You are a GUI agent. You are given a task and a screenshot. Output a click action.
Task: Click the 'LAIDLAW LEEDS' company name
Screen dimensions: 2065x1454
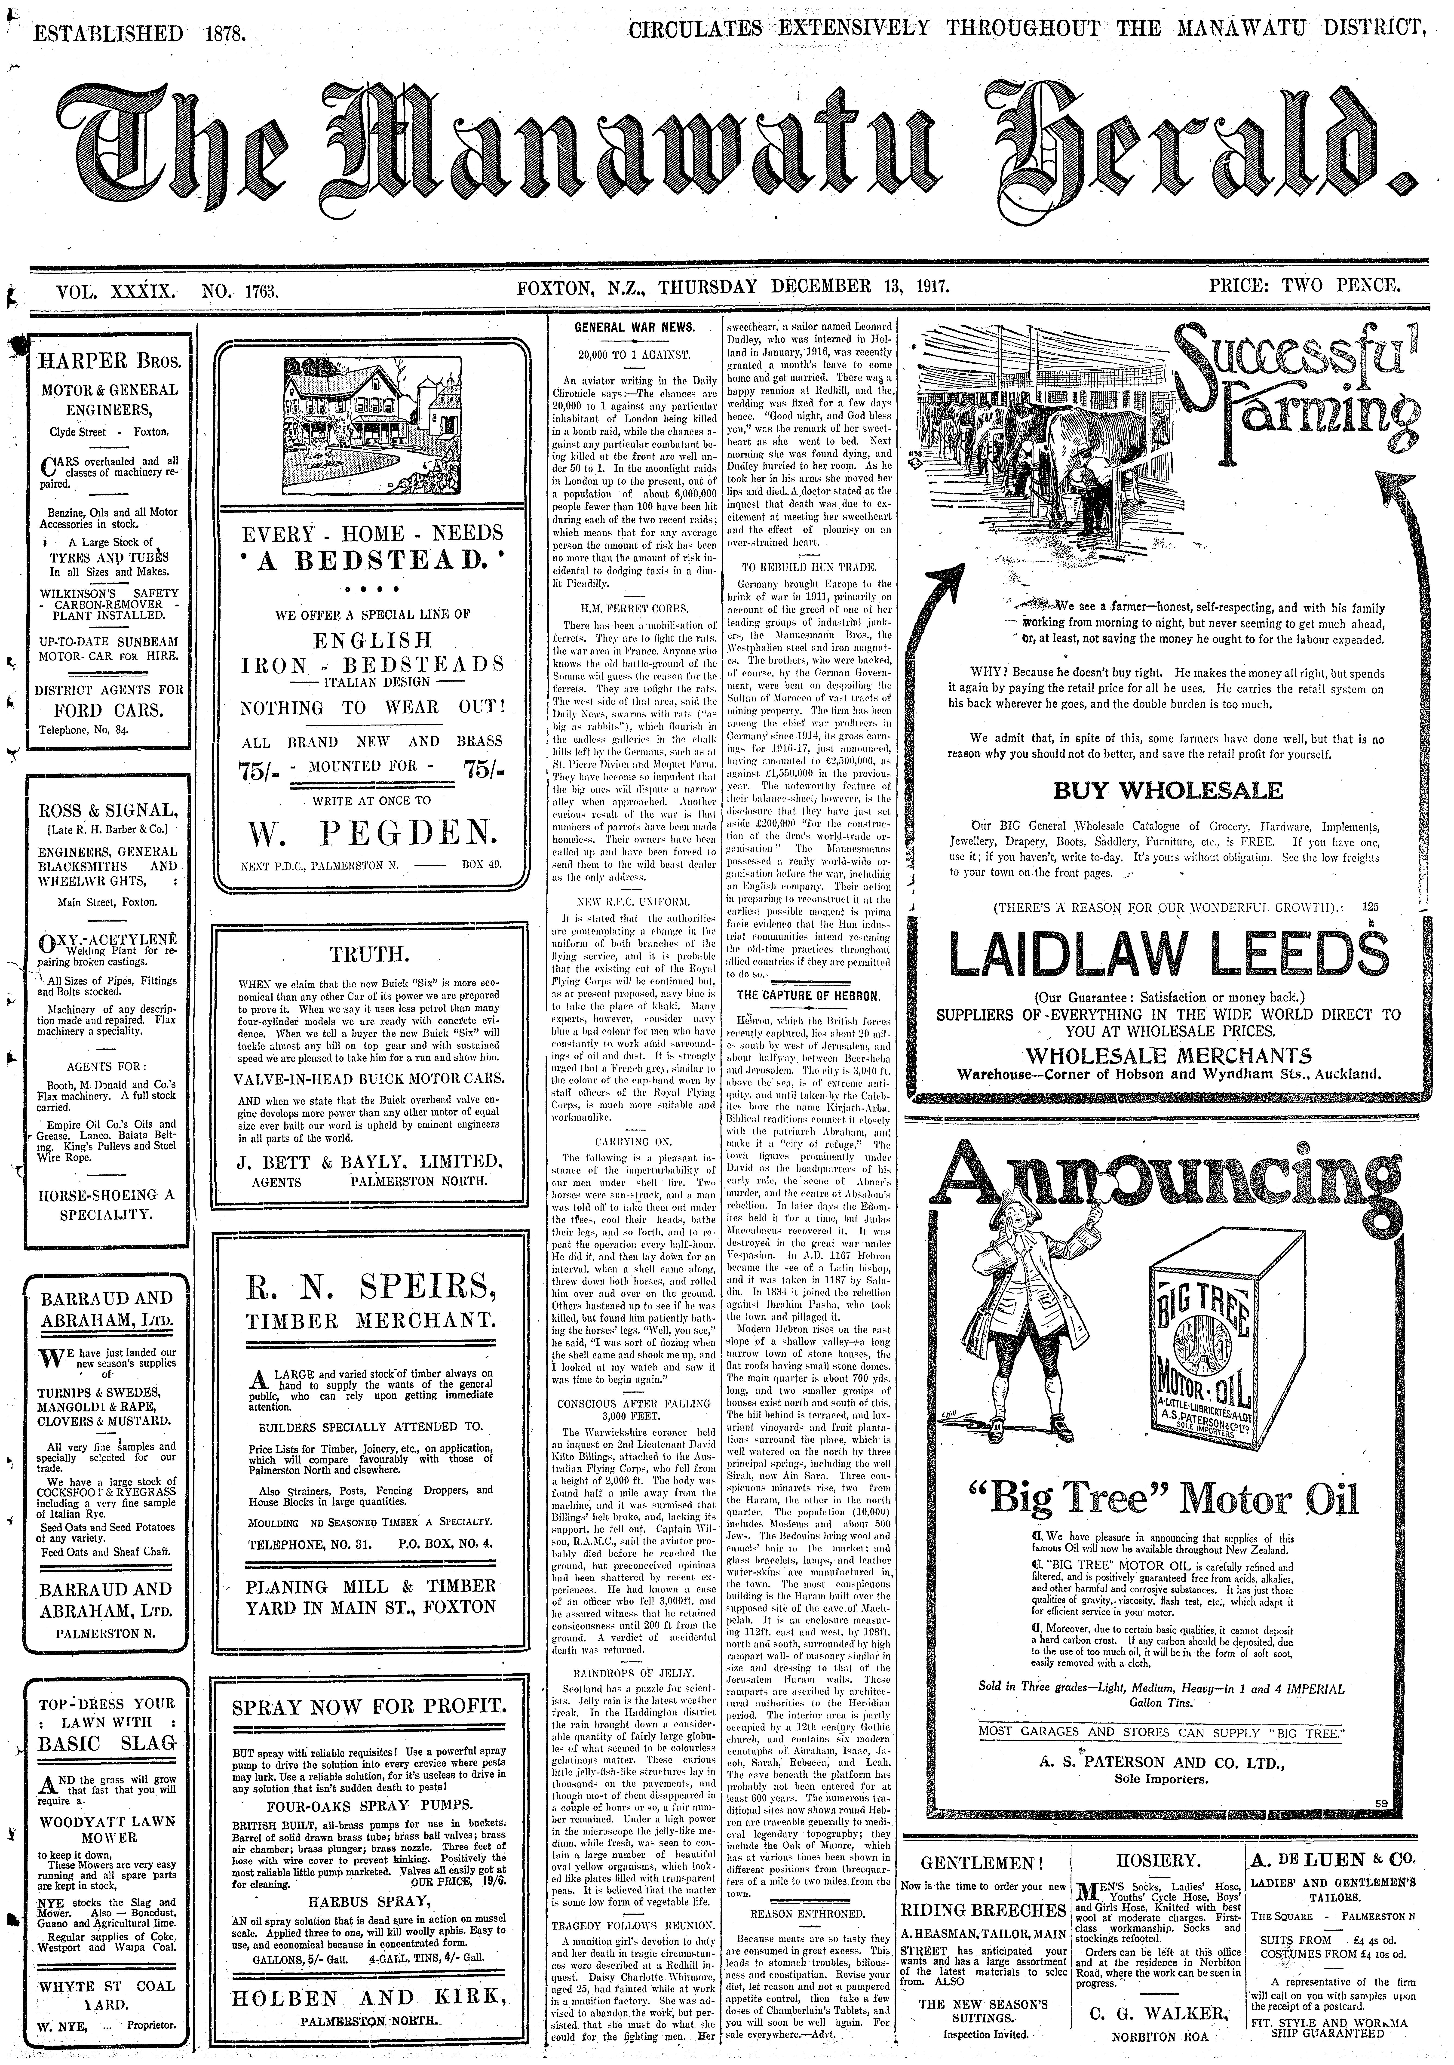(1167, 955)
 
